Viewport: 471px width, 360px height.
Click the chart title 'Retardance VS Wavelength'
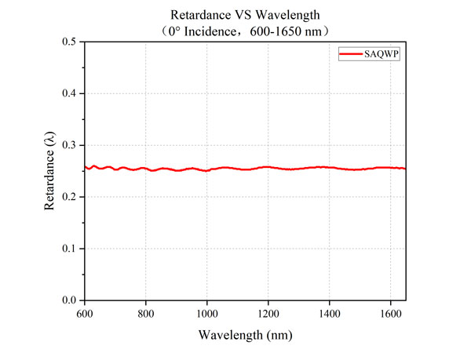click(x=244, y=15)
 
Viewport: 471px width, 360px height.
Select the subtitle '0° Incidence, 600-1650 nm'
click(x=244, y=30)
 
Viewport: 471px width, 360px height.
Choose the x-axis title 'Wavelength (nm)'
click(x=244, y=336)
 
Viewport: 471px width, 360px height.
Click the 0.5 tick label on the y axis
click(x=68, y=42)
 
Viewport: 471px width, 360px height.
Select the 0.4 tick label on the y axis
click(x=68, y=93)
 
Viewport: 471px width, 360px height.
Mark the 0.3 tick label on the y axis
click(x=68, y=145)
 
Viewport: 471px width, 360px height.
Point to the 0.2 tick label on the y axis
click(x=68, y=197)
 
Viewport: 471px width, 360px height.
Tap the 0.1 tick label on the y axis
click(x=68, y=249)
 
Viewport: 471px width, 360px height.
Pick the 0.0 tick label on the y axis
click(x=68, y=300)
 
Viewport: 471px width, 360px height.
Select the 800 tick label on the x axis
click(x=144, y=313)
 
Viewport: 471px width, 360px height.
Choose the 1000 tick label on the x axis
click(x=206, y=313)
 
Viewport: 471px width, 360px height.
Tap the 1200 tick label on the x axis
click(x=268, y=313)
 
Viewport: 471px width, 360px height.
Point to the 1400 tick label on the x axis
click(x=329, y=313)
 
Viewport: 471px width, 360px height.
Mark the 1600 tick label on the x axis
click(x=390, y=313)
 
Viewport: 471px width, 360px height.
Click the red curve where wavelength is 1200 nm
click(x=268, y=167)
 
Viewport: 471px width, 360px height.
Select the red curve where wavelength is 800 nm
click(x=144, y=168)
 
